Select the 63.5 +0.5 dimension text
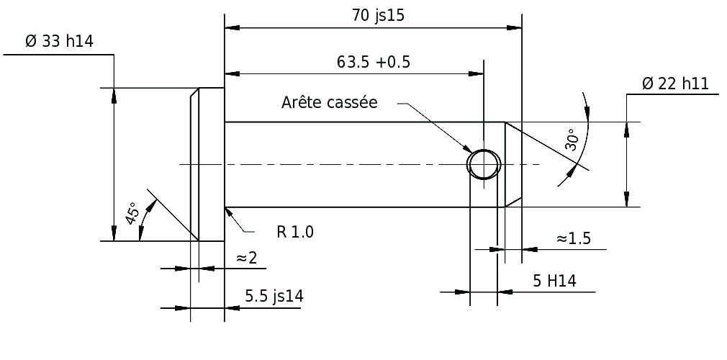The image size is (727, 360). pos(373,61)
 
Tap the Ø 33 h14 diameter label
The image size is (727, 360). pos(59,42)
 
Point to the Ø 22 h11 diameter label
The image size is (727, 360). pos(674,84)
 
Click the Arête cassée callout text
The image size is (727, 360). pos(329,102)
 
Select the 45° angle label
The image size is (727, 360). pos(132,214)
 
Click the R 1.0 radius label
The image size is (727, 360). pos(295,232)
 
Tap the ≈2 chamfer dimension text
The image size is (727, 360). pos(247,257)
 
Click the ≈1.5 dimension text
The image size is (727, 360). pos(573,238)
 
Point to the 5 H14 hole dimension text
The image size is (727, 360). pos(554,281)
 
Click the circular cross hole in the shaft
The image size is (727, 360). pos(483,163)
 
